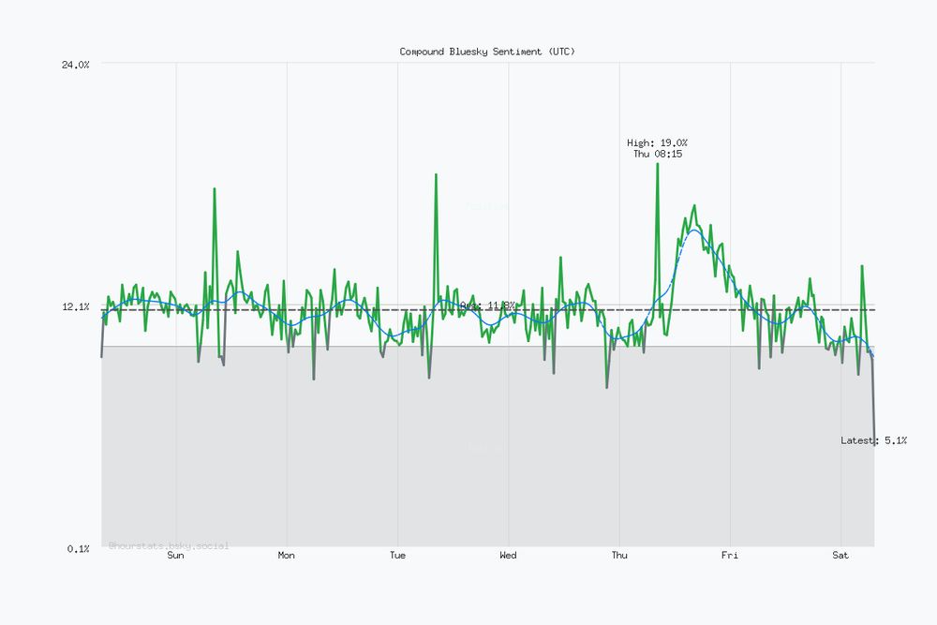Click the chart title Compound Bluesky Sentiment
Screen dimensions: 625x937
(487, 52)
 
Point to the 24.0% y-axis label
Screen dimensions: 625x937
(76, 65)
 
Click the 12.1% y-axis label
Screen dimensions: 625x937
(76, 307)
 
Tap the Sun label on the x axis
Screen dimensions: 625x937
(175, 556)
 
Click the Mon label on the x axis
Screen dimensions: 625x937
(286, 556)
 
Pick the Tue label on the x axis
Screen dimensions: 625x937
(397, 556)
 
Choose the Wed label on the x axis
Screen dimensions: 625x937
(508, 556)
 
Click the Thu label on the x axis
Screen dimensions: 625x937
(618, 556)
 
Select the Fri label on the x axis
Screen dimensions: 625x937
(730, 556)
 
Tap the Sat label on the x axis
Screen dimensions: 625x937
(840, 556)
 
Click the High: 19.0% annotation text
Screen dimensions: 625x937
(657, 142)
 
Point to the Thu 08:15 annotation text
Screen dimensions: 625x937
(657, 154)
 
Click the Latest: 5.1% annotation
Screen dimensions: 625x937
(873, 440)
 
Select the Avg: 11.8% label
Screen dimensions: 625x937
(487, 305)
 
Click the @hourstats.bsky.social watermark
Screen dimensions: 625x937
(169, 545)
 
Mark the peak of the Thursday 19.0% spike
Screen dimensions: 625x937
(657, 164)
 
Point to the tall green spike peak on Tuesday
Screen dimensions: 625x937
(436, 174)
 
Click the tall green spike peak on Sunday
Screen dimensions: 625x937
(215, 188)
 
